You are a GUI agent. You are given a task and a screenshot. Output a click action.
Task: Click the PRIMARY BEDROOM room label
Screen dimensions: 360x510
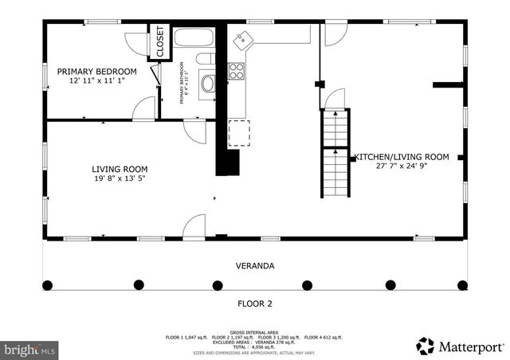[96, 71]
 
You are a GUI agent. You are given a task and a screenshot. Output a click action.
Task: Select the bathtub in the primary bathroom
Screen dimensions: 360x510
[194, 38]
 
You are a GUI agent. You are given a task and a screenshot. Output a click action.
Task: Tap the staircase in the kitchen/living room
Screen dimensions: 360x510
[335, 153]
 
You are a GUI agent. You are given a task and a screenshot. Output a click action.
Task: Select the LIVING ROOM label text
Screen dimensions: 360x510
[120, 169]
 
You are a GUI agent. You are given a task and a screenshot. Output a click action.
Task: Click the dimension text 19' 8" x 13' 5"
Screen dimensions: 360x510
[120, 179]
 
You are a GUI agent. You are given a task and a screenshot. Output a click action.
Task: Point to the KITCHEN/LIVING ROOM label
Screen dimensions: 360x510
[402, 157]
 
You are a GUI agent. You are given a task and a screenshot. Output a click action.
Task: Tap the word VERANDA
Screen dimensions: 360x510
[255, 266]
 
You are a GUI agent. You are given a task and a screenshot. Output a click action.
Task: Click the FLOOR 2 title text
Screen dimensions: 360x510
[255, 303]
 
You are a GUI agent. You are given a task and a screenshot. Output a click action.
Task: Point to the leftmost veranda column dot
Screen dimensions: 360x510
[48, 284]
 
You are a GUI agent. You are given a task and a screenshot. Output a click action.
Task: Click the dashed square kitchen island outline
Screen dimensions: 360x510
[238, 133]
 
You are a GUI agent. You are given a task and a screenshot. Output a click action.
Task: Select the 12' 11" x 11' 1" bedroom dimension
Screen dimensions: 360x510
[96, 81]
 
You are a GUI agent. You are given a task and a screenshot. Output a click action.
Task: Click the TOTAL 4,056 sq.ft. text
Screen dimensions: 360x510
[254, 346]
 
